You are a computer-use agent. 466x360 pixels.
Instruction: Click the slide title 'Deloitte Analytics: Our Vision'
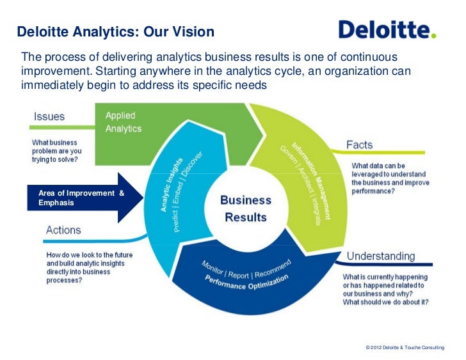coord(115,31)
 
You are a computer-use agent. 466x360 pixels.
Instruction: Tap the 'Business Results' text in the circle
coord(246,208)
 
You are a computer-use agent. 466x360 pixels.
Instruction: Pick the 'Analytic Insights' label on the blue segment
coord(171,185)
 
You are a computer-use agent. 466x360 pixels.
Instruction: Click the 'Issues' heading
coord(49,117)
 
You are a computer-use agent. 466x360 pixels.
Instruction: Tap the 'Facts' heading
coord(360,145)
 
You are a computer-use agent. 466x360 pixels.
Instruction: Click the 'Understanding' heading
coord(380,256)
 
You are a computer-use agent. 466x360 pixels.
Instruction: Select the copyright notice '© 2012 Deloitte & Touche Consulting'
coord(404,347)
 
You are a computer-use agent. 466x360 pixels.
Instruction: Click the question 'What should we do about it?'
coord(385,302)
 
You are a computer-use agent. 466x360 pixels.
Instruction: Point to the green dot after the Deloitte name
coord(434,36)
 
